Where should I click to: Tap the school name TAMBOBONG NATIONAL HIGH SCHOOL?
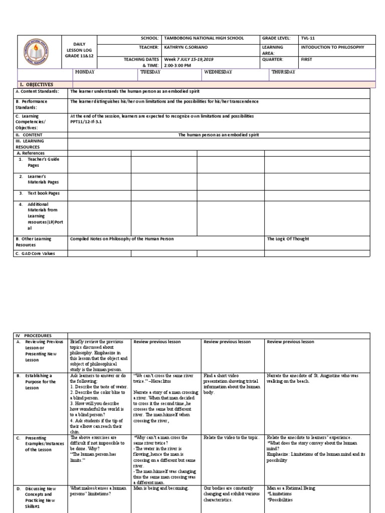(x=198, y=38)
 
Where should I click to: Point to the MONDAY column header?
(x=85, y=72)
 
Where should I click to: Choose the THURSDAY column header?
(x=283, y=72)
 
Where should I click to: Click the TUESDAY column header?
(x=150, y=72)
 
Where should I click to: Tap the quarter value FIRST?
(x=307, y=59)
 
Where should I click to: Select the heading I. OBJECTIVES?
(x=36, y=85)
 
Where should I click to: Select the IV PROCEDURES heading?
(x=34, y=336)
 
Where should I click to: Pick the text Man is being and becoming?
(x=161, y=488)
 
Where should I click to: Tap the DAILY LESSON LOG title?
(x=77, y=51)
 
